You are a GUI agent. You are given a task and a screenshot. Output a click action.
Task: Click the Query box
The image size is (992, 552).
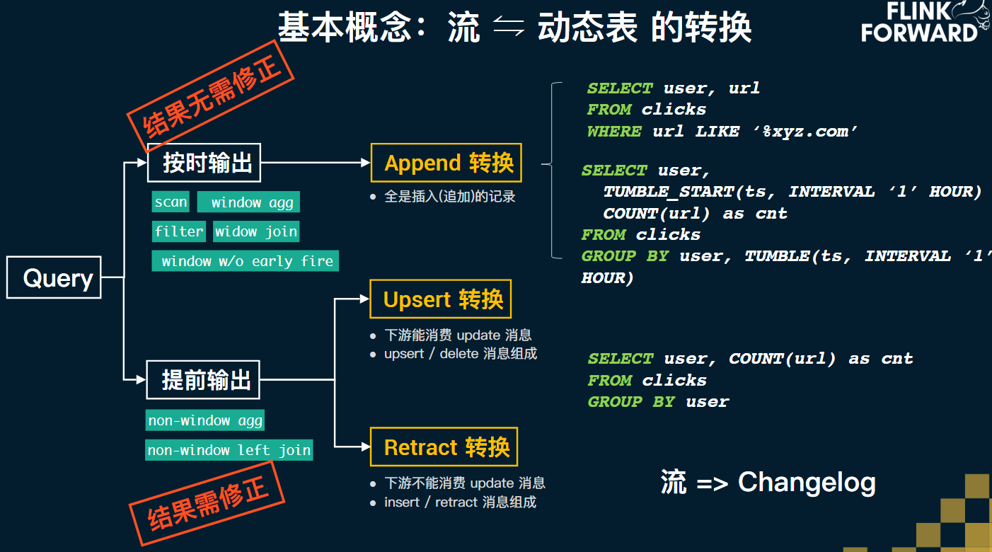(x=54, y=277)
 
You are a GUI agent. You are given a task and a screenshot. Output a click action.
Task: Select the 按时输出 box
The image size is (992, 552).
(x=204, y=163)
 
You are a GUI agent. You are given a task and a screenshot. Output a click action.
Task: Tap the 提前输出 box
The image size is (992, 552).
(x=203, y=379)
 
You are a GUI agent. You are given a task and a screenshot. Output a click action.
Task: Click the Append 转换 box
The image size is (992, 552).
(x=446, y=163)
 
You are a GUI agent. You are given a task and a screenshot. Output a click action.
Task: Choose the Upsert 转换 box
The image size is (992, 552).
(x=441, y=299)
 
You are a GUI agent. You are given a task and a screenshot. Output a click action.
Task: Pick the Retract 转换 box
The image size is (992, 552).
(x=444, y=447)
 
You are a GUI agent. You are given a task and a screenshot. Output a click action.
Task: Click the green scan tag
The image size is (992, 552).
(x=171, y=202)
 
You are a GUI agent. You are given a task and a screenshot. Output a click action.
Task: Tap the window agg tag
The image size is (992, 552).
(x=248, y=202)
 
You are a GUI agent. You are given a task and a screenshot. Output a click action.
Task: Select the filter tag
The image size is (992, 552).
(x=179, y=231)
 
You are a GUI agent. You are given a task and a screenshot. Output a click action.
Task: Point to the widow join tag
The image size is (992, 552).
(x=256, y=231)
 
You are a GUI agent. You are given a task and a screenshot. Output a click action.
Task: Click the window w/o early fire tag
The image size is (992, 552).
(x=246, y=261)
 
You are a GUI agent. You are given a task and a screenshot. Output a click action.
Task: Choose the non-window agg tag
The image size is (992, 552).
(x=205, y=420)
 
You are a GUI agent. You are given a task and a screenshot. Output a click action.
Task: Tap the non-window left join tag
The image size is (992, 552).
(x=229, y=449)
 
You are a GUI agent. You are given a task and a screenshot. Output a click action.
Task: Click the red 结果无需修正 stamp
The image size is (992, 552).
(x=211, y=96)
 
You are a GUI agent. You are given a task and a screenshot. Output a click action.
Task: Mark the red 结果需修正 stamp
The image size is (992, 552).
(x=207, y=503)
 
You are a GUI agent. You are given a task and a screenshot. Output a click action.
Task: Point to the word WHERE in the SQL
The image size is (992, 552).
(x=613, y=131)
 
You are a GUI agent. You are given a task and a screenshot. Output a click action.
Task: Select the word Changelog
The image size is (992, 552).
(x=807, y=483)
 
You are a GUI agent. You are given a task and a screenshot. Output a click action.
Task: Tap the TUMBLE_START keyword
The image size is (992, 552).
(x=669, y=191)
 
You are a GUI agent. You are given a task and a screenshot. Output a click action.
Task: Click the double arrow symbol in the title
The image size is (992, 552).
(x=509, y=25)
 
